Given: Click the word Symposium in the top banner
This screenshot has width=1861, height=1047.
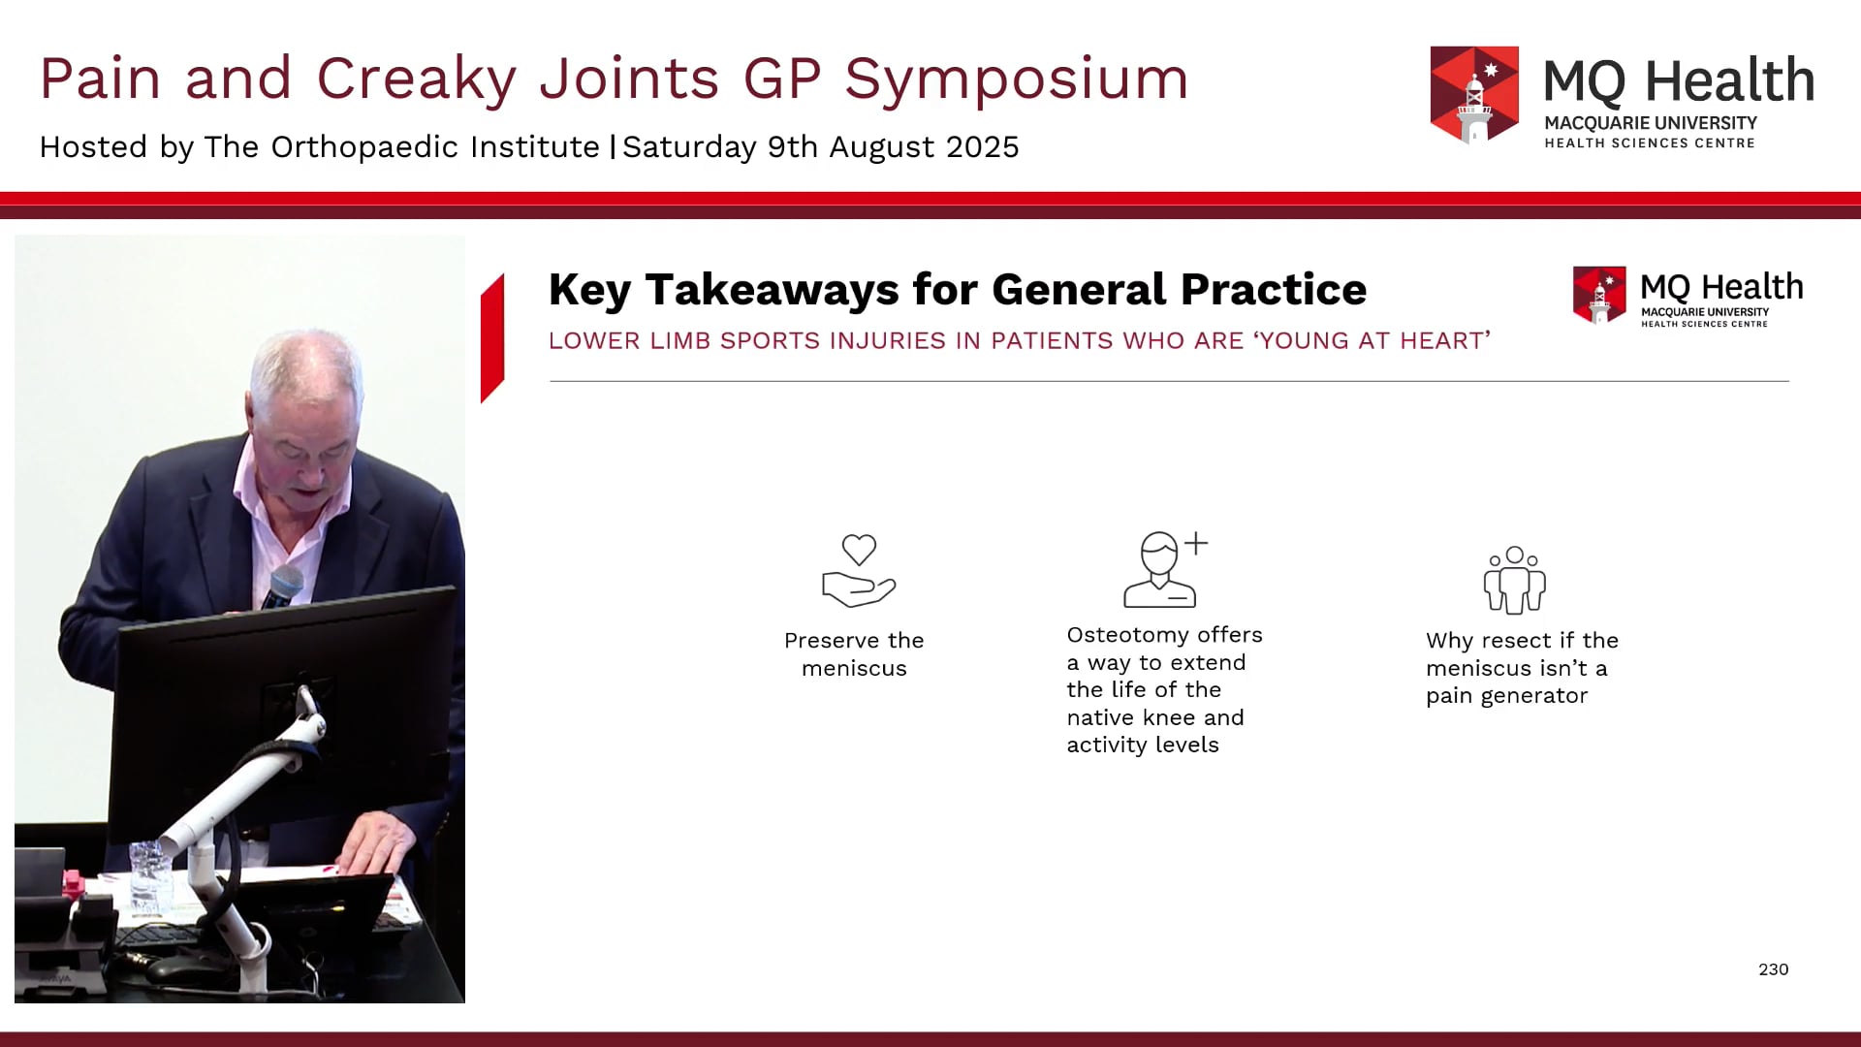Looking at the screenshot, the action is tap(1017, 79).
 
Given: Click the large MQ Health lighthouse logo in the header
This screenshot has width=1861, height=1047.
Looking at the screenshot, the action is tap(1474, 94).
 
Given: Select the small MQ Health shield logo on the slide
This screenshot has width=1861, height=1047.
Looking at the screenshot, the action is tap(1599, 295).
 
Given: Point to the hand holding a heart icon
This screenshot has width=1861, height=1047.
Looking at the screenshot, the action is tap(859, 571).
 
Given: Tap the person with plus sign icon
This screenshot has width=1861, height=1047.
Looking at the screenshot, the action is tap(1165, 569).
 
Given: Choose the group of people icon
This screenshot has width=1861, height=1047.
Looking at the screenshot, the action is tap(1515, 580).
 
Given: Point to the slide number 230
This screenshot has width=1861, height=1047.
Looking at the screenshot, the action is tap(1774, 969).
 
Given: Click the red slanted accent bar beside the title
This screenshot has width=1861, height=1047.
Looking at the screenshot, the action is tap(492, 338).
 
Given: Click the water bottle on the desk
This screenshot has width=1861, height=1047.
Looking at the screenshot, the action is tap(148, 876).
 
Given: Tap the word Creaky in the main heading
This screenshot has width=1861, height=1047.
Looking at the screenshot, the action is tap(416, 79).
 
